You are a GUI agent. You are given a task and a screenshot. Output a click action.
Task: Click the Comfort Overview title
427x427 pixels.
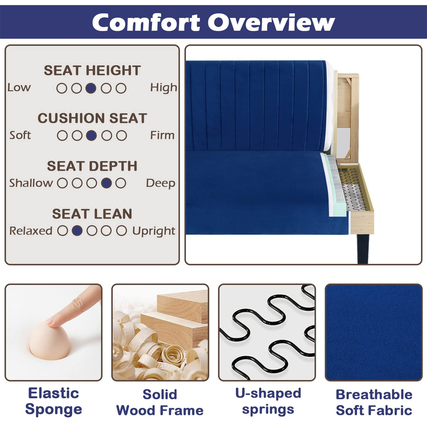pyautogui.click(x=213, y=23)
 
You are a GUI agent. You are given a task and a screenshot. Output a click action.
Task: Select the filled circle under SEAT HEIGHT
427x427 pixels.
pyautogui.click(x=91, y=88)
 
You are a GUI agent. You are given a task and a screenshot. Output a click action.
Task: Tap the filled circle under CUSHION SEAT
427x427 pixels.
pyautogui.click(x=91, y=135)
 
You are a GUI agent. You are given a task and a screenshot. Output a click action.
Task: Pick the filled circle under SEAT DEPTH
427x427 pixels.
pyautogui.click(x=106, y=183)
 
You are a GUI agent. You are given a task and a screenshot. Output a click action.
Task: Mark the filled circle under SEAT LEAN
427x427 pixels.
pyautogui.click(x=77, y=231)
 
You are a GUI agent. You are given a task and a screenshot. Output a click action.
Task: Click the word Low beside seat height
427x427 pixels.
pyautogui.click(x=19, y=88)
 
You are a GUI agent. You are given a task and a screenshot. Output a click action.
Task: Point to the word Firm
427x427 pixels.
pyautogui.click(x=162, y=135)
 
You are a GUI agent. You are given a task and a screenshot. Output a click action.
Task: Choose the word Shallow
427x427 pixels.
pyautogui.click(x=31, y=183)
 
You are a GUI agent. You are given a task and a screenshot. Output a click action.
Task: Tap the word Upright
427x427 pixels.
pyautogui.click(x=154, y=231)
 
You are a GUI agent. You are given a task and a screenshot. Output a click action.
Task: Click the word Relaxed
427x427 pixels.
pyautogui.click(x=31, y=231)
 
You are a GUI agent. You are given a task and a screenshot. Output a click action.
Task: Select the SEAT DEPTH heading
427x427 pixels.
pyautogui.click(x=92, y=166)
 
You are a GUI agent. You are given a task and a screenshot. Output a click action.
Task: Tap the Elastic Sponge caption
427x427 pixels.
pyautogui.click(x=53, y=401)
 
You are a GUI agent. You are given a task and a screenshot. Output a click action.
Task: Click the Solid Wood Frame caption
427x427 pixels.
pyautogui.click(x=160, y=402)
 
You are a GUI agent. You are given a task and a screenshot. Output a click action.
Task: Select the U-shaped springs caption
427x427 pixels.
pyautogui.click(x=268, y=401)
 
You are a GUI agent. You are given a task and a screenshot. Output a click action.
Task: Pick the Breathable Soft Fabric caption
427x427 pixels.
pyautogui.click(x=374, y=402)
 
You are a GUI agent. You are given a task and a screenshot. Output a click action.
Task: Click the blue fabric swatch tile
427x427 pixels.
pyautogui.click(x=374, y=332)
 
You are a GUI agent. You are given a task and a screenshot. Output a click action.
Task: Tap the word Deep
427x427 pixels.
pyautogui.click(x=160, y=183)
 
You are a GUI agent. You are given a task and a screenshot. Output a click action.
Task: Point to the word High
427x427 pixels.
pyautogui.click(x=164, y=88)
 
